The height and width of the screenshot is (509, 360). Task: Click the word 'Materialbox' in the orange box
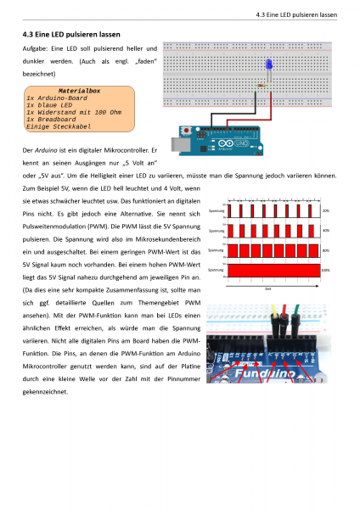click(79, 90)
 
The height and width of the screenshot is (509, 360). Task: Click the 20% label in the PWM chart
click(326, 210)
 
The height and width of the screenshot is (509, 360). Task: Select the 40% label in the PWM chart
click(326, 230)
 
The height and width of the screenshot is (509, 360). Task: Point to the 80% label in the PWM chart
click(326, 250)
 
